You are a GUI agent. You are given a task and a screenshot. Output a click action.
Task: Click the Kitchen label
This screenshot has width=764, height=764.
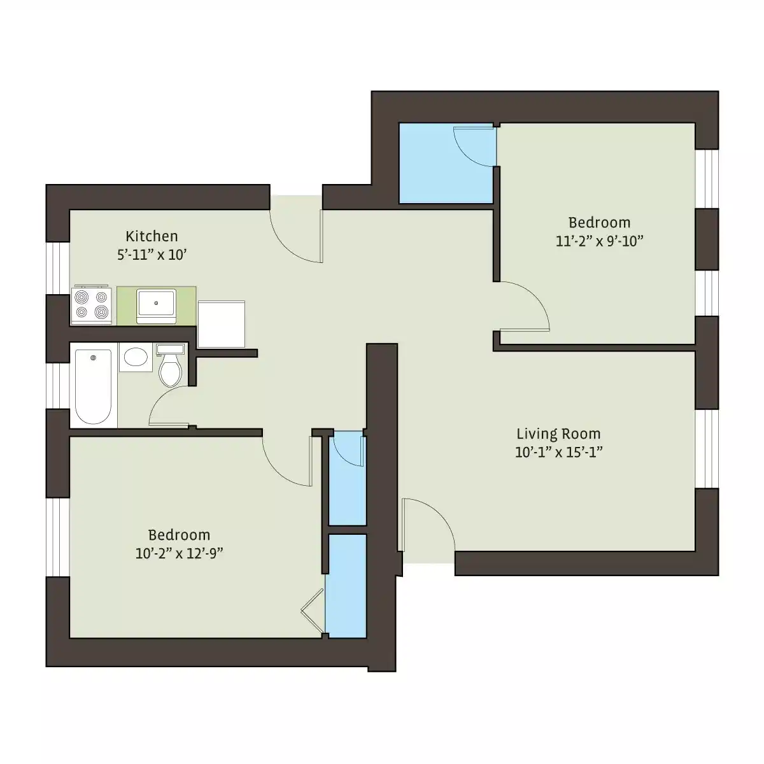pos(152,236)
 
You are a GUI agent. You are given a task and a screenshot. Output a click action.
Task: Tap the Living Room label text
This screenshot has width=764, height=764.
pos(558,434)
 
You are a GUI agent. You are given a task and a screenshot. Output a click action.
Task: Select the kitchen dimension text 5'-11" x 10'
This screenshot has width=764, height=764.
pos(152,255)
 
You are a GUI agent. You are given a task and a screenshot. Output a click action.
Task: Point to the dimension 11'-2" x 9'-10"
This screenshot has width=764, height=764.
pos(599,241)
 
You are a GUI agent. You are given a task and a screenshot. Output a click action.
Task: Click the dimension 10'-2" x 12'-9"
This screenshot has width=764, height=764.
pos(179,553)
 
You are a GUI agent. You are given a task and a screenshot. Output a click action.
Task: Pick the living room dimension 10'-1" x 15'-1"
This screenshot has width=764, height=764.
pos(558,453)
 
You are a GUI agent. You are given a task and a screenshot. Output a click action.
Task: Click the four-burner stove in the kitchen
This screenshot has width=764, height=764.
pos(91,305)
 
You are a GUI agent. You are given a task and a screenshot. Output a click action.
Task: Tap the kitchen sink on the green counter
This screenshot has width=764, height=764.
pos(156,305)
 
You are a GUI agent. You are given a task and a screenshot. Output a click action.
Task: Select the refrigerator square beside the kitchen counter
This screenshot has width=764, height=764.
pos(221,324)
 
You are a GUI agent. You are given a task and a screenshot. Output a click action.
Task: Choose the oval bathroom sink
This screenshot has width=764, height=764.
pos(134,357)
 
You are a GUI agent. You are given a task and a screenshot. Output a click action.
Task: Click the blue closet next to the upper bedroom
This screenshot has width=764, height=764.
pos(446,163)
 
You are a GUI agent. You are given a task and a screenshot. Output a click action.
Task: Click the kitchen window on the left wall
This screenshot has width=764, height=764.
pos(58,267)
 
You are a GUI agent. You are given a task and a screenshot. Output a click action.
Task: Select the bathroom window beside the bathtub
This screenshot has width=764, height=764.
pos(58,385)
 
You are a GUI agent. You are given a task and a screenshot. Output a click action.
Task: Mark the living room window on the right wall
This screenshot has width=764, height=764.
pos(707,449)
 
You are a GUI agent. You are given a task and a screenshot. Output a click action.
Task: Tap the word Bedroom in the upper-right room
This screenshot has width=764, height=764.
pos(599,223)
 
